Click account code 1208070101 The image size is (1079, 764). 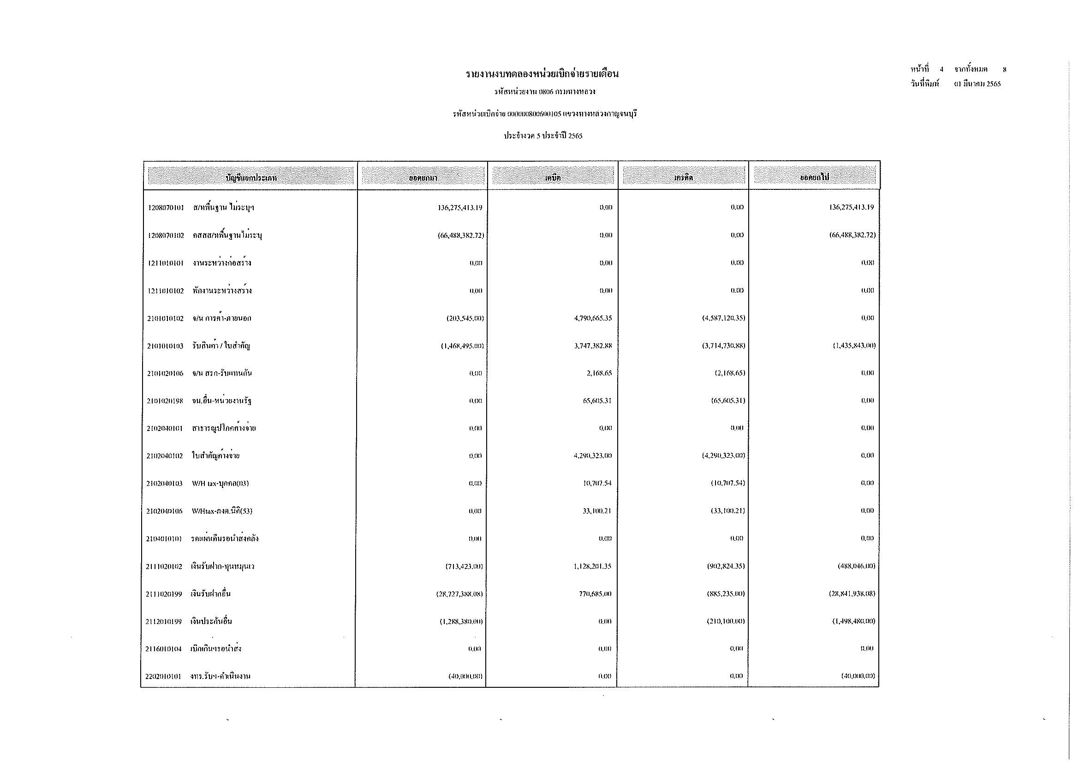[166, 208]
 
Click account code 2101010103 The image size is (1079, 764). [165, 346]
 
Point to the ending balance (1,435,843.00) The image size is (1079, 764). [854, 346]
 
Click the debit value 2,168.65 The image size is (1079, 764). [598, 374]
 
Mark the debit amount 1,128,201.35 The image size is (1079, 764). [592, 566]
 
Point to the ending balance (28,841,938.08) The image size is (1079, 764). [852, 594]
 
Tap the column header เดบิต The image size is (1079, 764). [553, 178]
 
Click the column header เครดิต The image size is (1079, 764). [683, 178]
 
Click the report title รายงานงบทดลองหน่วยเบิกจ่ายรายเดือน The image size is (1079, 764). [542, 74]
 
